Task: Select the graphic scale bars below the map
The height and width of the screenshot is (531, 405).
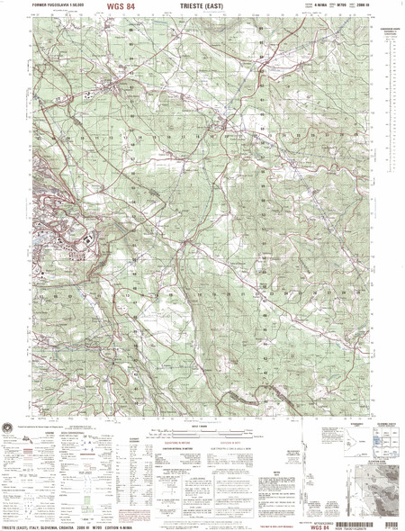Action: pos(203,436)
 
